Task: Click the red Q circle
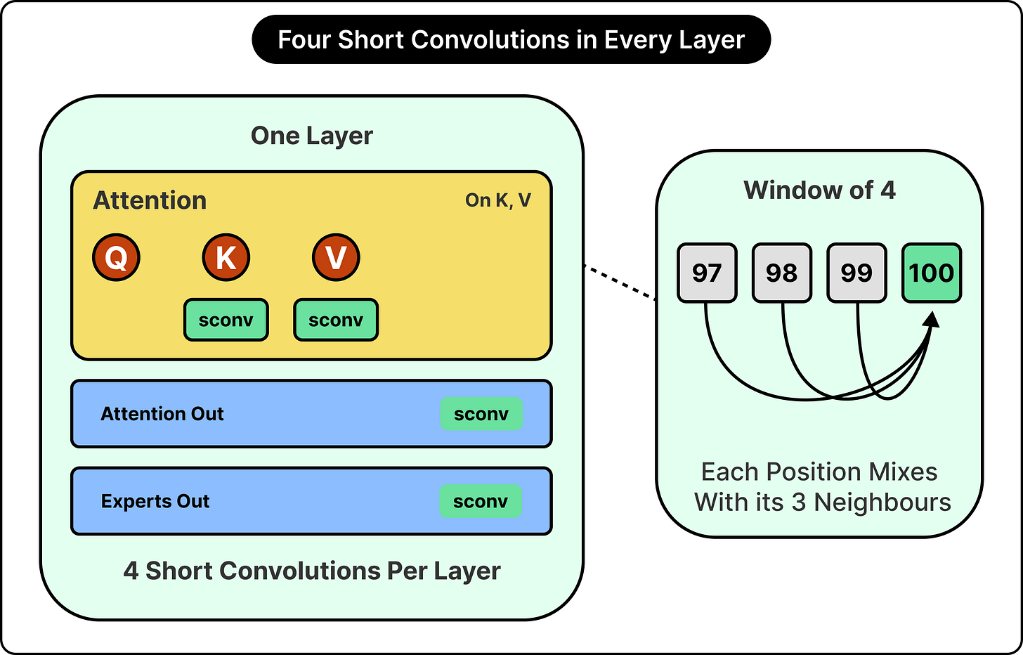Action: click(116, 257)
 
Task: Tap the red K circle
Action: click(226, 257)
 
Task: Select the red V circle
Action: click(336, 257)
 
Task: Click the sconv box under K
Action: click(226, 320)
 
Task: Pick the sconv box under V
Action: click(336, 320)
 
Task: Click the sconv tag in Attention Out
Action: click(481, 414)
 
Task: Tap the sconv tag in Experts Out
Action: click(481, 501)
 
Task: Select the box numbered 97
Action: click(707, 273)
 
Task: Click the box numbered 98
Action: click(782, 273)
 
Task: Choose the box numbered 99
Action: click(856, 273)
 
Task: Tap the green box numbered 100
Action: click(932, 273)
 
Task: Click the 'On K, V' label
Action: click(497, 200)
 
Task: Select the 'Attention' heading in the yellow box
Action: click(150, 200)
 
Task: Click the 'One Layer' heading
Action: click(312, 136)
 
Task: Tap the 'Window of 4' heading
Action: click(820, 190)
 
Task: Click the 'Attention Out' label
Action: click(162, 414)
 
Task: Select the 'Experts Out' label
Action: click(155, 501)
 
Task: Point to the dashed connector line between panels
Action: click(620, 283)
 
